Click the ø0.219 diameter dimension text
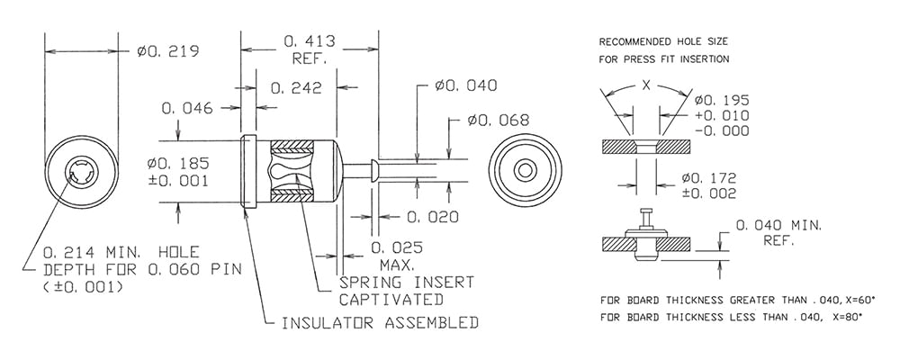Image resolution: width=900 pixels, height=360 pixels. pyautogui.click(x=167, y=51)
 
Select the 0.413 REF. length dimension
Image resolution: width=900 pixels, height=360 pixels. pyautogui.click(x=309, y=49)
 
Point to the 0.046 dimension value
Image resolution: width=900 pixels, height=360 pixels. pyautogui.click(x=187, y=108)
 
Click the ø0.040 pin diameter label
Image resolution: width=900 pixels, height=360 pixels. pyautogui.click(x=466, y=85)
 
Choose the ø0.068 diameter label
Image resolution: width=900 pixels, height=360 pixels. pyautogui.click(x=499, y=120)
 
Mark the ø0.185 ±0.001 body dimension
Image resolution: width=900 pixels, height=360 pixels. pyautogui.click(x=177, y=172)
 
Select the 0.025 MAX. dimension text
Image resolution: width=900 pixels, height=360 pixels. pyautogui.click(x=397, y=256)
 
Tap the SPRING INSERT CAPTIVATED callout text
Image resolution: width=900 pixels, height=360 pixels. pyautogui.click(x=407, y=291)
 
